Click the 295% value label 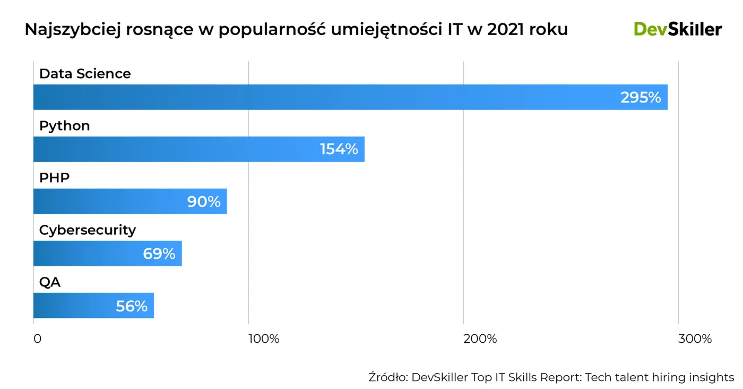point(641,98)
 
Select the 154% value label point(339,149)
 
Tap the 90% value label point(204,202)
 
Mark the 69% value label point(159,254)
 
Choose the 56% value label point(132,306)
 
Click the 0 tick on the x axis point(37,339)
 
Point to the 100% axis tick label point(264,339)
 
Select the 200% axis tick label point(480,339)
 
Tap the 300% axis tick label point(695,339)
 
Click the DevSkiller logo point(678,29)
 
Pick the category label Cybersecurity point(88,230)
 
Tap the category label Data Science point(85,73)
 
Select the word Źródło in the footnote point(387,377)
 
